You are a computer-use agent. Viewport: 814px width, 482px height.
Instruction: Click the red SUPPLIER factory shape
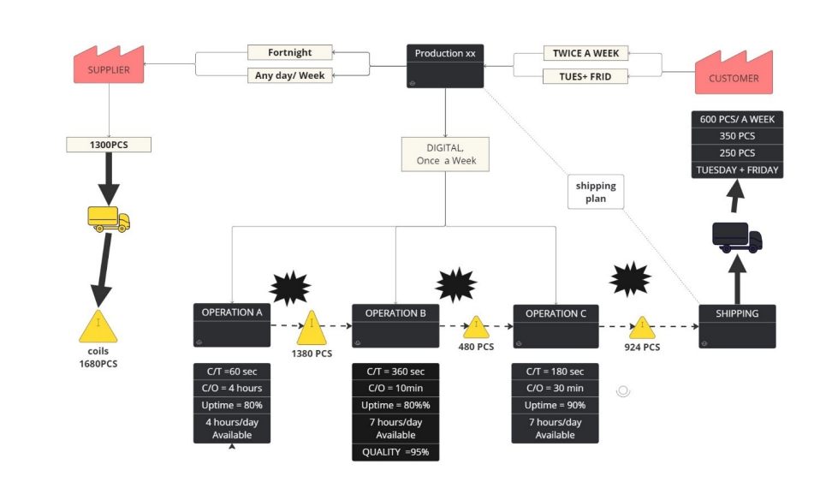tap(108, 68)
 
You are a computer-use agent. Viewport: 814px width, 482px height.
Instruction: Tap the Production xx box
tap(445, 66)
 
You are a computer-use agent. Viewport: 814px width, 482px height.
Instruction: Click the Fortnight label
tap(289, 52)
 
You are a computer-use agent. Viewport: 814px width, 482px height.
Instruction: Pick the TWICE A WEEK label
tap(585, 53)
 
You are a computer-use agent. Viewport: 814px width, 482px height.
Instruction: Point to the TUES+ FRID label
tap(585, 76)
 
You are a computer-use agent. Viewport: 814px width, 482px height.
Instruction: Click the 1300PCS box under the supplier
tap(109, 145)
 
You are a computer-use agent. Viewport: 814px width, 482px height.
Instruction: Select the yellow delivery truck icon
tap(109, 219)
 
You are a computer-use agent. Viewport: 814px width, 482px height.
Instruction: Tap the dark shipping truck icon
tap(736, 237)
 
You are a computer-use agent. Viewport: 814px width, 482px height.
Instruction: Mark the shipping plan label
tap(596, 192)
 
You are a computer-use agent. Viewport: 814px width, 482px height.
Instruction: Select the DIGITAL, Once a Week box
tap(445, 154)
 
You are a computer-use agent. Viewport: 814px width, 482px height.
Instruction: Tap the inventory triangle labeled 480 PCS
tap(476, 328)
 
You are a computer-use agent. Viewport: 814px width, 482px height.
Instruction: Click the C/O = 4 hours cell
tap(232, 388)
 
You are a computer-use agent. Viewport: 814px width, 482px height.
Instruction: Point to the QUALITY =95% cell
tap(395, 452)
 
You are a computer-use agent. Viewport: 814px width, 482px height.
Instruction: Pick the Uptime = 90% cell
tap(555, 405)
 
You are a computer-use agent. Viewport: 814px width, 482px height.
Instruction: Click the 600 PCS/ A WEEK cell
tap(737, 119)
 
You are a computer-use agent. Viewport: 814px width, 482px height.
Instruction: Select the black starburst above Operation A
tap(290, 286)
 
